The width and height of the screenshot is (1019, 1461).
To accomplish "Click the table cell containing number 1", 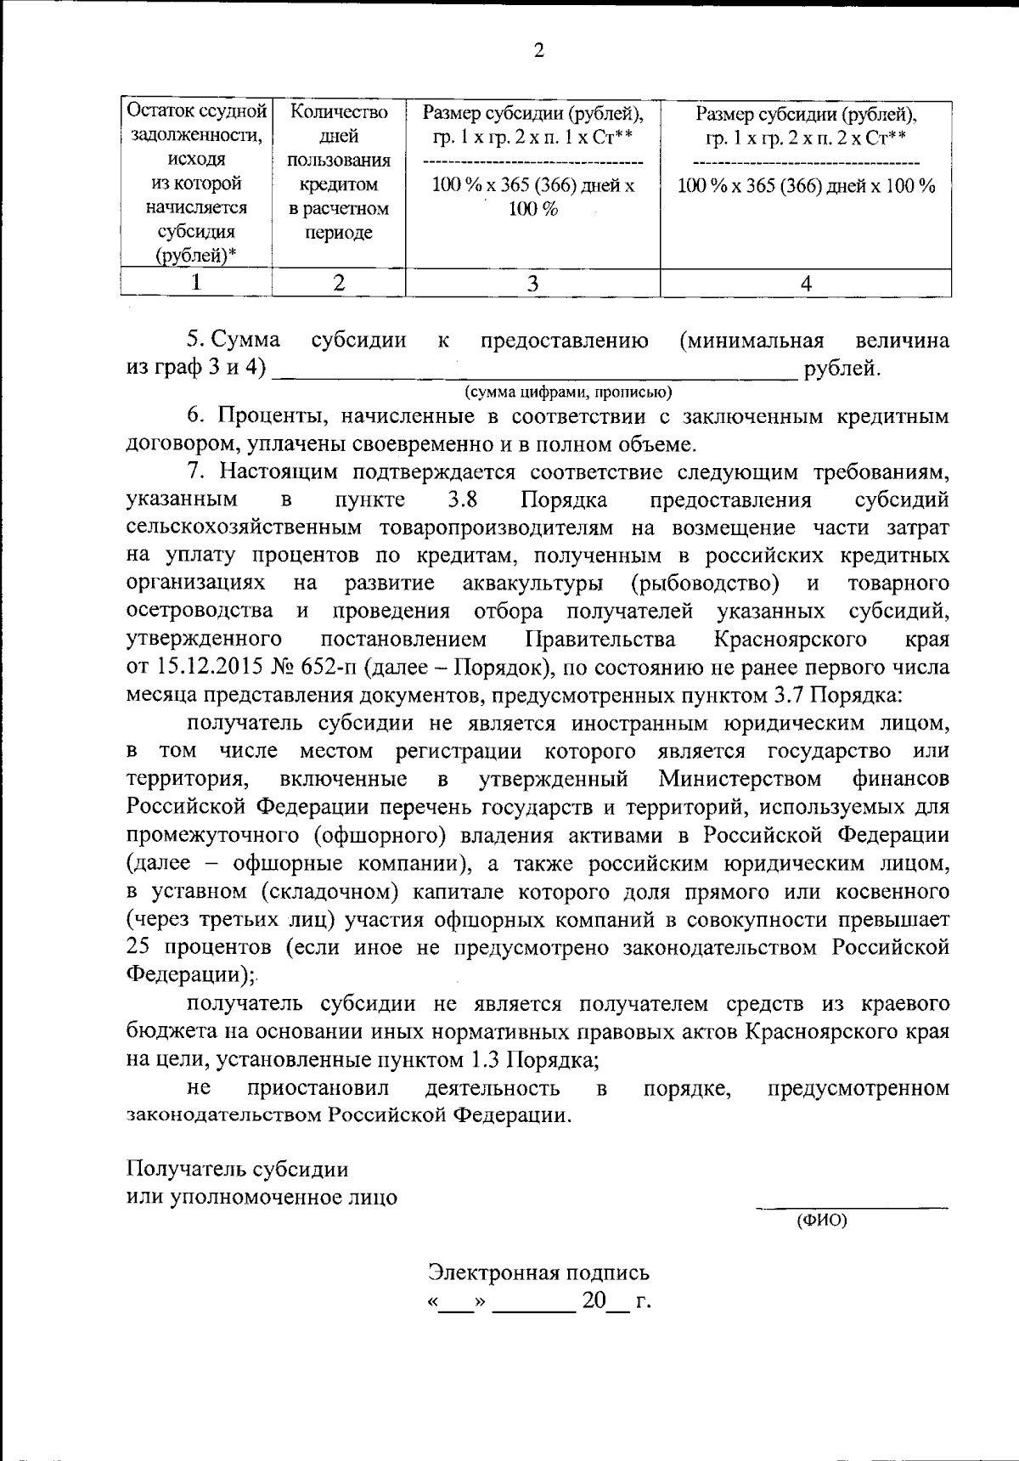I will tap(196, 283).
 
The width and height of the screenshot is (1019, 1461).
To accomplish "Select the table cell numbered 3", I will tap(532, 283).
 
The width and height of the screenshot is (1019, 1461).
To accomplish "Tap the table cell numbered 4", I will tap(806, 283).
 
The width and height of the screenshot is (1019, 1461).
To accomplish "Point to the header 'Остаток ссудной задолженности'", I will tap(196, 123).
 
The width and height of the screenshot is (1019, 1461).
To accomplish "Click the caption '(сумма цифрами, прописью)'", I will tap(568, 392).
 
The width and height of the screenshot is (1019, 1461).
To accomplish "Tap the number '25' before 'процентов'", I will tap(139, 947).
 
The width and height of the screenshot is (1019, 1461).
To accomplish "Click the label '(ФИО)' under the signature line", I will tap(821, 1221).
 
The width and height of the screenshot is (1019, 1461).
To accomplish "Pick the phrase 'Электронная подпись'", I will tap(538, 1272).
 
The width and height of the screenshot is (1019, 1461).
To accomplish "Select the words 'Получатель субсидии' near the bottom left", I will tap(237, 1169).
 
